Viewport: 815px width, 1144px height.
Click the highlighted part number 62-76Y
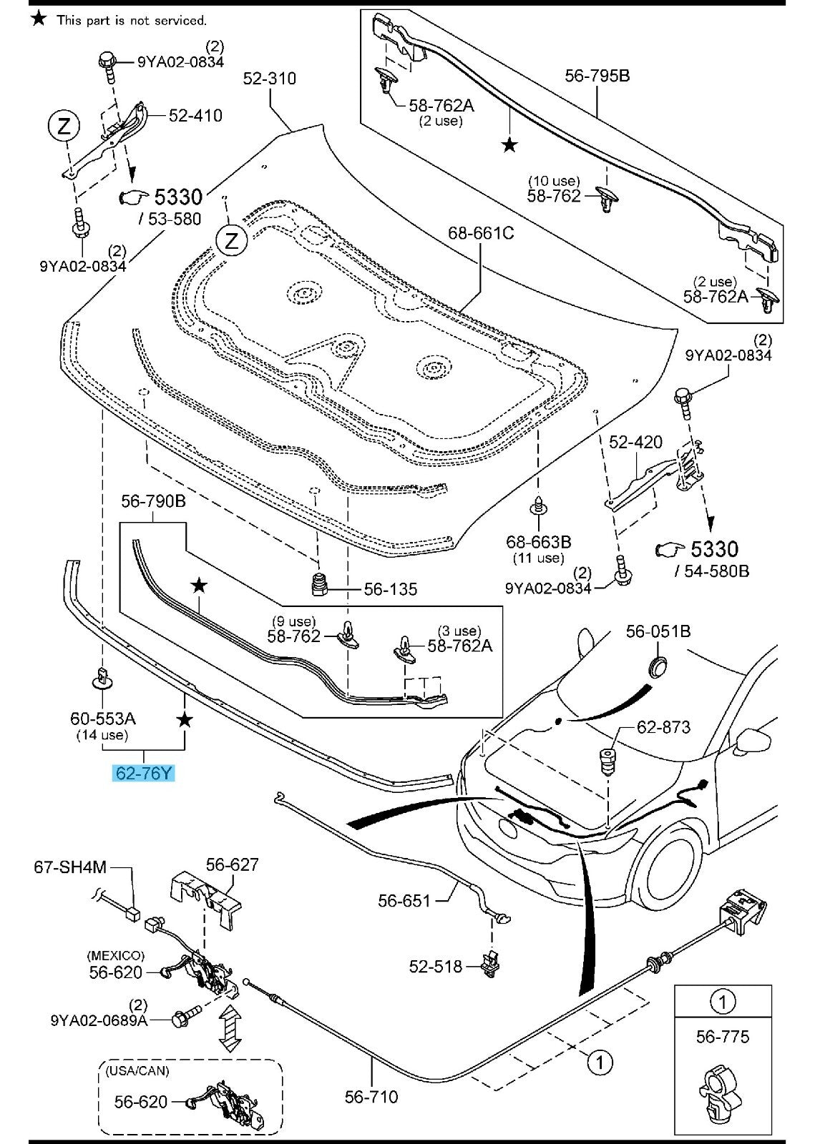(144, 773)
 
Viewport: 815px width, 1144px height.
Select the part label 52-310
(270, 78)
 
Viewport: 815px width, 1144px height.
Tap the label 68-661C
(481, 233)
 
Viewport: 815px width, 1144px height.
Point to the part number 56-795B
(597, 75)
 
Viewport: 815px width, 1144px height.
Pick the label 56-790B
(153, 501)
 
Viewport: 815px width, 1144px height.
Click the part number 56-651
(404, 900)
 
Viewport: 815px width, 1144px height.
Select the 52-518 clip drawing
(491, 963)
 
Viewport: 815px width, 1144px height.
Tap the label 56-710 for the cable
(371, 1096)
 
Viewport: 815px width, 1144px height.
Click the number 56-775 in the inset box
(723, 1036)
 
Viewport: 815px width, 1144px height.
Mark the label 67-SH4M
(70, 867)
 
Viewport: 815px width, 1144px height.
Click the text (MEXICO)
(115, 955)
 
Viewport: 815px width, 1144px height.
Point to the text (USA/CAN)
(137, 1070)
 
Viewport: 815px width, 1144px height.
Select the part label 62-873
(663, 727)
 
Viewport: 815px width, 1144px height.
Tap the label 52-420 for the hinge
(635, 442)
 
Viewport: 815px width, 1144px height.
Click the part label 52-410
(195, 115)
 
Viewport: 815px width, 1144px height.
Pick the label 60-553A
(103, 718)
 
